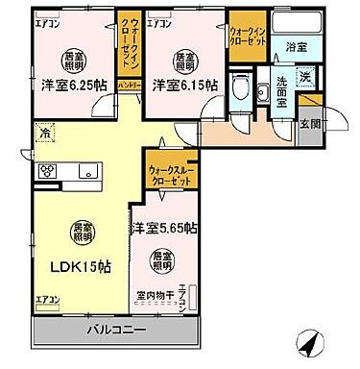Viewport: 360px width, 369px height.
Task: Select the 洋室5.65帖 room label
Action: point(165,228)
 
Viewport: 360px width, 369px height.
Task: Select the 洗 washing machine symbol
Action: point(304,77)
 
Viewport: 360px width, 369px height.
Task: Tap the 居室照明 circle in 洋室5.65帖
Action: point(160,259)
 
